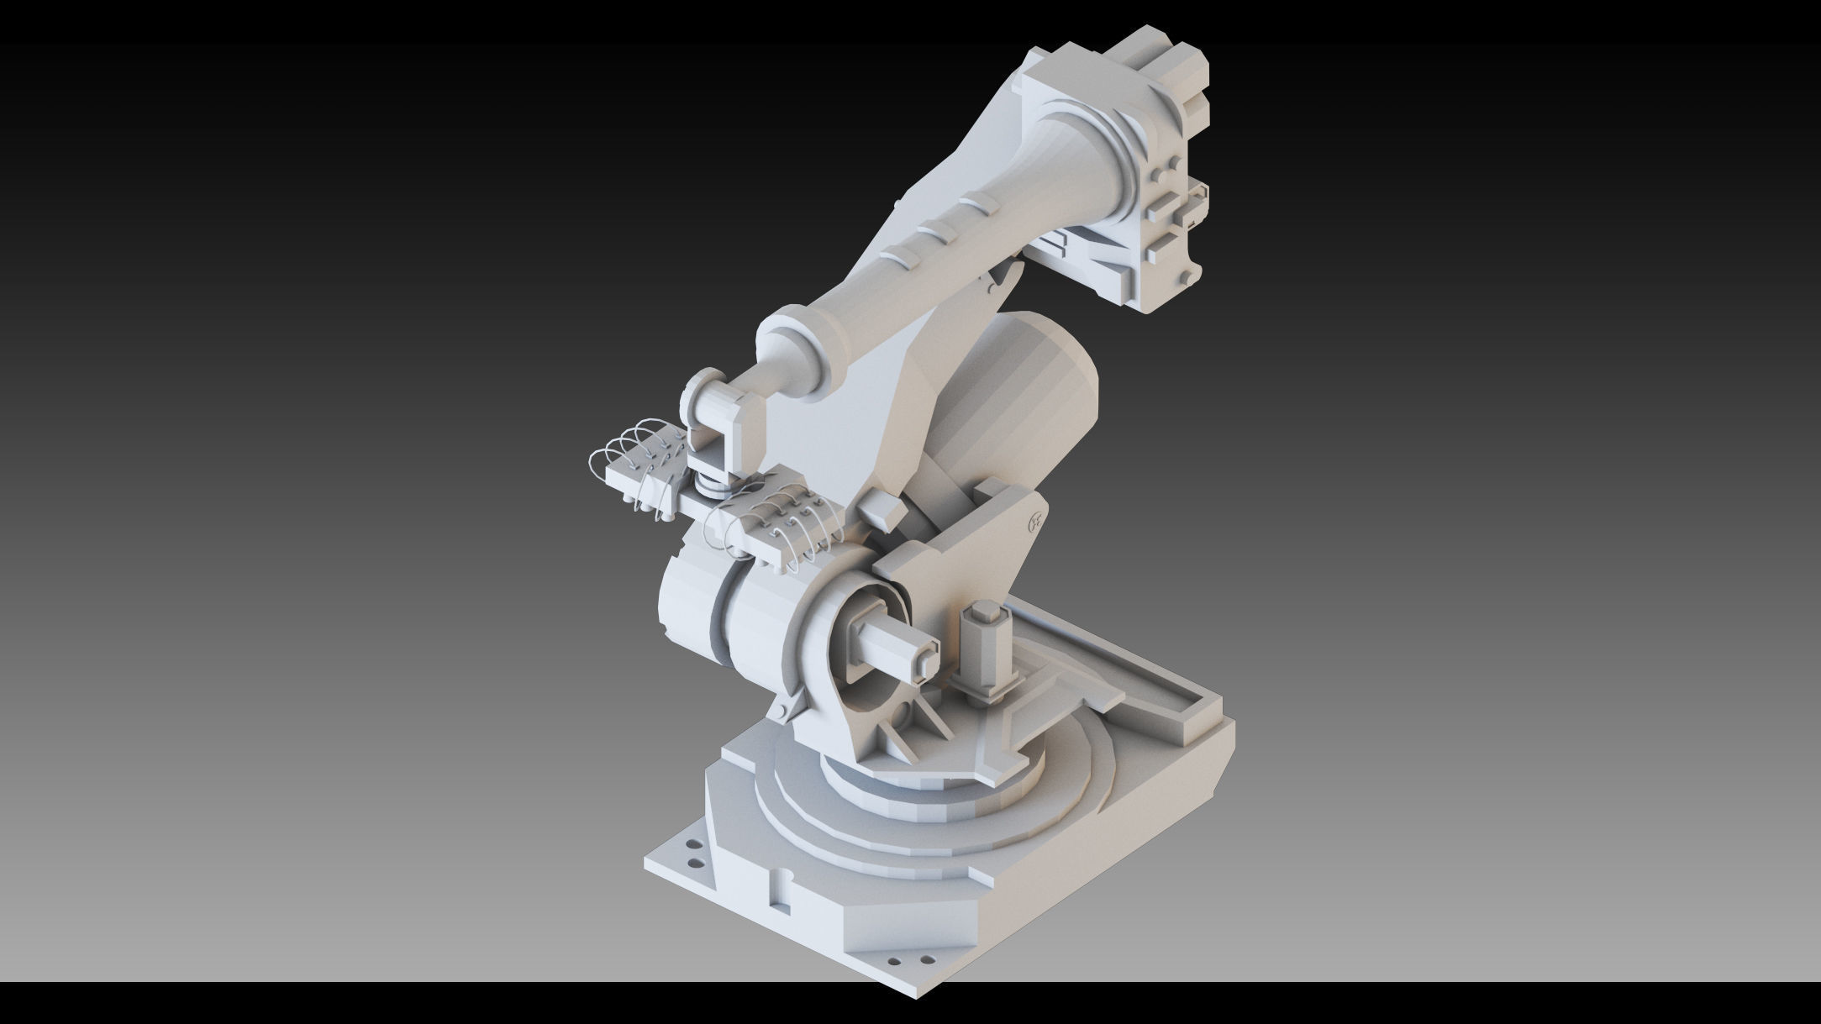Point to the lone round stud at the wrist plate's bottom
(x=1186, y=277)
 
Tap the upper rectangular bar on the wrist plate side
(x=1165, y=202)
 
